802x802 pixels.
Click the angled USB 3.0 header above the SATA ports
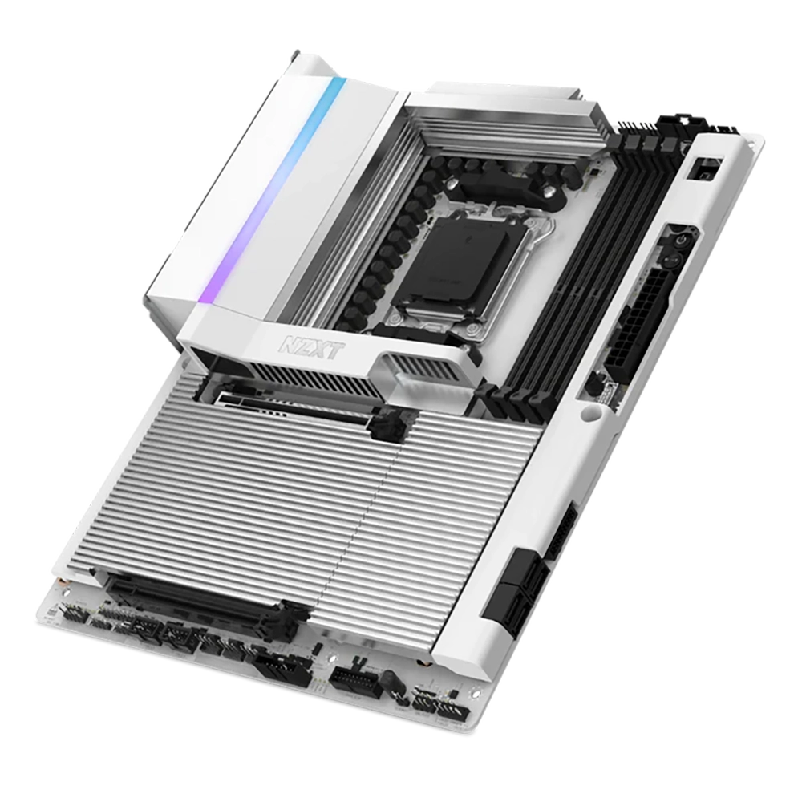(561, 533)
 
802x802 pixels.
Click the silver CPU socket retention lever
(481, 317)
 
